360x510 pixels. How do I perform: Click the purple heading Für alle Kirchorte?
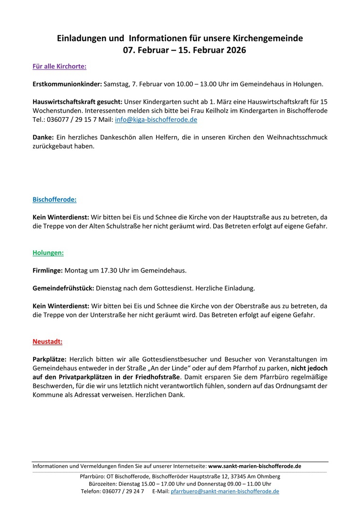click(x=59, y=66)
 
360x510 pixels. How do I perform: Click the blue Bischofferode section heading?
click(x=54, y=200)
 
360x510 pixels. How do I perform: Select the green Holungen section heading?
click(x=48, y=253)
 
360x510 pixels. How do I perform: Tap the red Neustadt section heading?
click(x=47, y=341)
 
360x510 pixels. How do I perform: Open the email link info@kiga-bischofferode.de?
click(x=156, y=119)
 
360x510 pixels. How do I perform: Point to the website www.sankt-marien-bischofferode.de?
click(x=255, y=466)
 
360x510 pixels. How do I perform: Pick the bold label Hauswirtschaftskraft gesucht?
click(x=77, y=102)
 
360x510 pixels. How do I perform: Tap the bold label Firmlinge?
click(x=48, y=271)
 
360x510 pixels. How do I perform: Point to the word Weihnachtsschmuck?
click(x=293, y=137)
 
